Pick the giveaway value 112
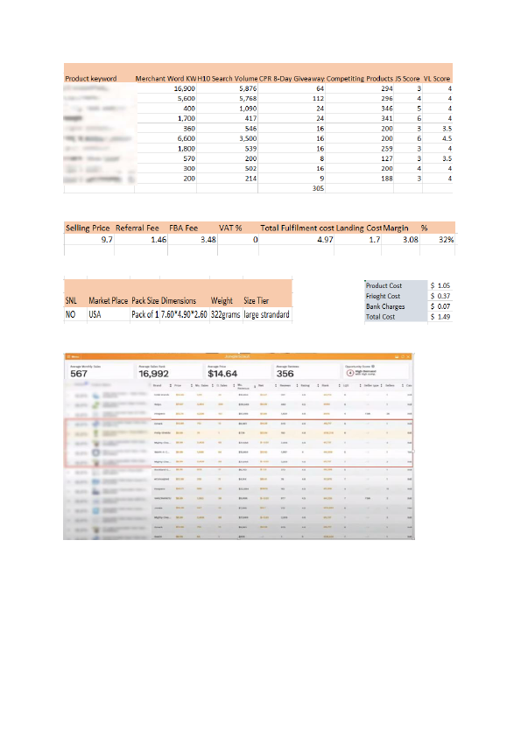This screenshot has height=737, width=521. coord(318,99)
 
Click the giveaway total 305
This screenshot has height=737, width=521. coord(318,188)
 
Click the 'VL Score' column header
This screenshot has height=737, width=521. coord(437,79)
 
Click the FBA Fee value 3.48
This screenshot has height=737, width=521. coord(206,238)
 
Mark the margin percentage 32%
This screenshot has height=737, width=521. coord(446,238)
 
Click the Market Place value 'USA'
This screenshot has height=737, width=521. coord(95,314)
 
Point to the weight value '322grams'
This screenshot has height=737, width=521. coord(224,314)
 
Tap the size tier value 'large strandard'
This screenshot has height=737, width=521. coord(266,314)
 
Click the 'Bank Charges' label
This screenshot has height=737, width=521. coord(386,307)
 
